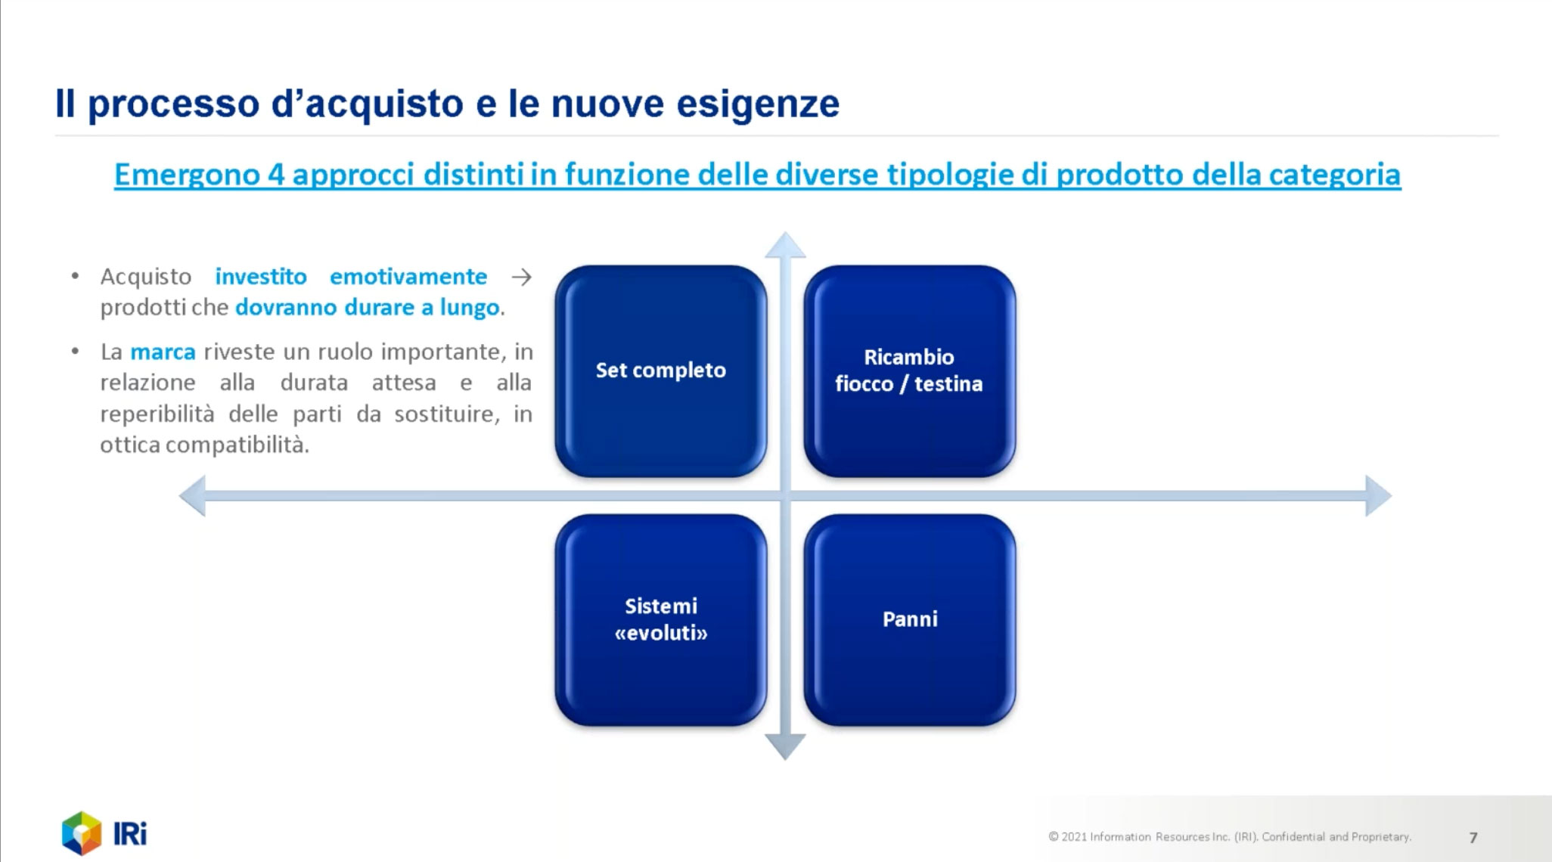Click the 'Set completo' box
[660, 371]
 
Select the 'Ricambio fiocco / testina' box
[909, 371]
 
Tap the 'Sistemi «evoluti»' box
[660, 619]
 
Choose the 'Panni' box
[909, 619]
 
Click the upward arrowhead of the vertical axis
[785, 245]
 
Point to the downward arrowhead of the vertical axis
[785, 747]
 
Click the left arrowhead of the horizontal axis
[192, 496]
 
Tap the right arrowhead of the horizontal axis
[1378, 496]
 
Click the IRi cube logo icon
[82, 833]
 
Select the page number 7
[1473, 837]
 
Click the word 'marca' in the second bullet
[163, 352]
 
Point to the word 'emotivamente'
[408, 276]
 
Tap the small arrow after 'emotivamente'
[521, 277]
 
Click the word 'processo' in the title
[174, 104]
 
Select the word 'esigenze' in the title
[758, 104]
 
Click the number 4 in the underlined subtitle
[275, 175]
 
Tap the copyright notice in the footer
[1230, 837]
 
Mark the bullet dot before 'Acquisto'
[75, 276]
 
